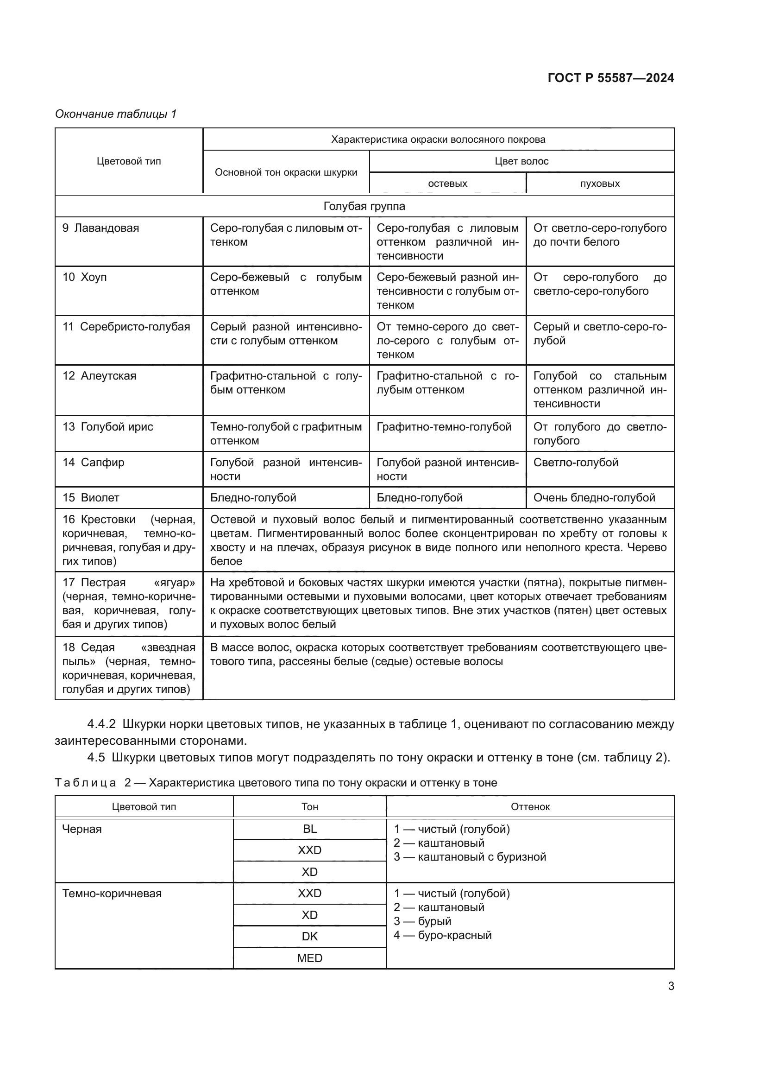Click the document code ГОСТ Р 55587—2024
tap(610, 78)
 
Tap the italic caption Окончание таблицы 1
tap(116, 114)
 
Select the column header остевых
tap(447, 183)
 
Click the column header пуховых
tap(599, 183)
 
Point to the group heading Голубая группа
tap(364, 206)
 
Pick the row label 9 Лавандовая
tap(101, 228)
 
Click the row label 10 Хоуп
tap(85, 277)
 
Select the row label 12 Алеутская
tap(100, 376)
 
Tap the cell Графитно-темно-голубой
tap(444, 427)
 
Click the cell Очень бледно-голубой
tap(594, 498)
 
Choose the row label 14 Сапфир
tap(94, 462)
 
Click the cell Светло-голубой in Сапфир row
tap(576, 462)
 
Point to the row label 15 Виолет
tap(91, 498)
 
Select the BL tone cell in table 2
tap(309, 829)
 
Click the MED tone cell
tap(309, 958)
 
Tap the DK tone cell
tap(309, 936)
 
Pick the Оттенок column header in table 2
tap(530, 807)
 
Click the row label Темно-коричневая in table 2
tap(112, 893)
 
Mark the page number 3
tap(671, 986)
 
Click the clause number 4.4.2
tap(101, 724)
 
